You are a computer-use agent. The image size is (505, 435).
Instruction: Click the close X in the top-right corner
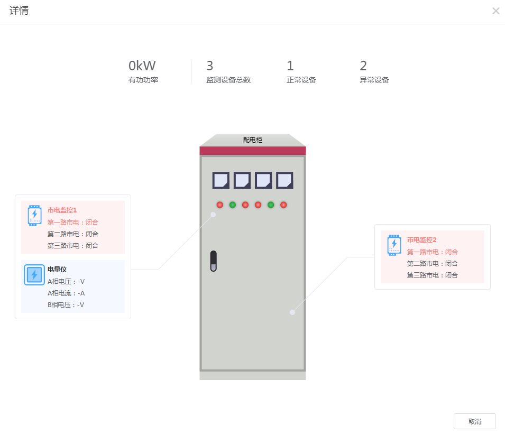(495, 11)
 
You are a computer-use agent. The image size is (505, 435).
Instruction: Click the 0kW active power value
(142, 66)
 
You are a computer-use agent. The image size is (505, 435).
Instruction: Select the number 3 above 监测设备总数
(209, 66)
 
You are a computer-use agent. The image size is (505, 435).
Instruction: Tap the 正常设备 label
(301, 80)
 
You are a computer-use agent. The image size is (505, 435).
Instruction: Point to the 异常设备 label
(374, 80)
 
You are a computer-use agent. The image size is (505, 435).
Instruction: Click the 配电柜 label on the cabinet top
(253, 140)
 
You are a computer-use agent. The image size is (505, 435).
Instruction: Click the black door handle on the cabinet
(214, 261)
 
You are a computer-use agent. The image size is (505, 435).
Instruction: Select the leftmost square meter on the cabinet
(221, 180)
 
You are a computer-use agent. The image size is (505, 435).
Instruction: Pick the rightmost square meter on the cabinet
(284, 180)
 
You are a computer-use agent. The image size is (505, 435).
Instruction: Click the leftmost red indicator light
(219, 205)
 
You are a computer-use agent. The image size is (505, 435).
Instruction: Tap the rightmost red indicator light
(283, 205)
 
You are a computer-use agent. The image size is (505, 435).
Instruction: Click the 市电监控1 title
(62, 210)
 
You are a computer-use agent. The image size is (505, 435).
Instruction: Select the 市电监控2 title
(421, 240)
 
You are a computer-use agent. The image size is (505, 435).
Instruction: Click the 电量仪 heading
(57, 270)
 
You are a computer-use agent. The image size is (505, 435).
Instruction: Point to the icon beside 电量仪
(34, 275)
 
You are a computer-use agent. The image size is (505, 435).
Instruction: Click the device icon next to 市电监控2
(394, 245)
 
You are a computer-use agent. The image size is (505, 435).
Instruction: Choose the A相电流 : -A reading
(66, 293)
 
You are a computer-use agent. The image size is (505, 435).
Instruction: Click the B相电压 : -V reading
(66, 304)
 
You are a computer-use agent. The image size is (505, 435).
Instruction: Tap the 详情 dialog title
(19, 11)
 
